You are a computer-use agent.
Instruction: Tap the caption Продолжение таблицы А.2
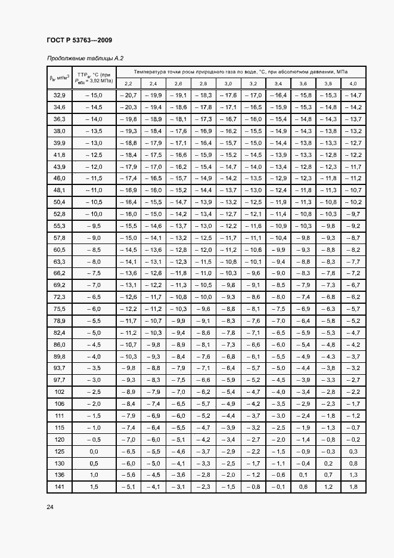[85, 58]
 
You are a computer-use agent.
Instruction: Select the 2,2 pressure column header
[128, 83]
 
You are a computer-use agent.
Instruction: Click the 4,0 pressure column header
[353, 83]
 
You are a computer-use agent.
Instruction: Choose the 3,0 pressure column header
[228, 83]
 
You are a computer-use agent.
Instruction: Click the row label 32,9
[59, 95]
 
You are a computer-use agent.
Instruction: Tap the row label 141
[59, 487]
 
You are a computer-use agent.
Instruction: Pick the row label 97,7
[59, 380]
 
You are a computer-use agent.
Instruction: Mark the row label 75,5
[59, 309]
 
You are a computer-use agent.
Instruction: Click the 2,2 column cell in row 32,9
[128, 95]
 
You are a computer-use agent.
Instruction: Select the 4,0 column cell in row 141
[353, 487]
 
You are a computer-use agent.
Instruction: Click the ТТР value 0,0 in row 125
[94, 451]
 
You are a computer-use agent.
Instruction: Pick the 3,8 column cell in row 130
[328, 463]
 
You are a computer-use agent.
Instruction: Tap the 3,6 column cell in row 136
[303, 475]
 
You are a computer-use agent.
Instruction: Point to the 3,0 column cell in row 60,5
[228, 249]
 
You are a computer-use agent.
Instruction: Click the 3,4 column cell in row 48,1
[278, 190]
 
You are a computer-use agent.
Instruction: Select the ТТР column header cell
[94, 76]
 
